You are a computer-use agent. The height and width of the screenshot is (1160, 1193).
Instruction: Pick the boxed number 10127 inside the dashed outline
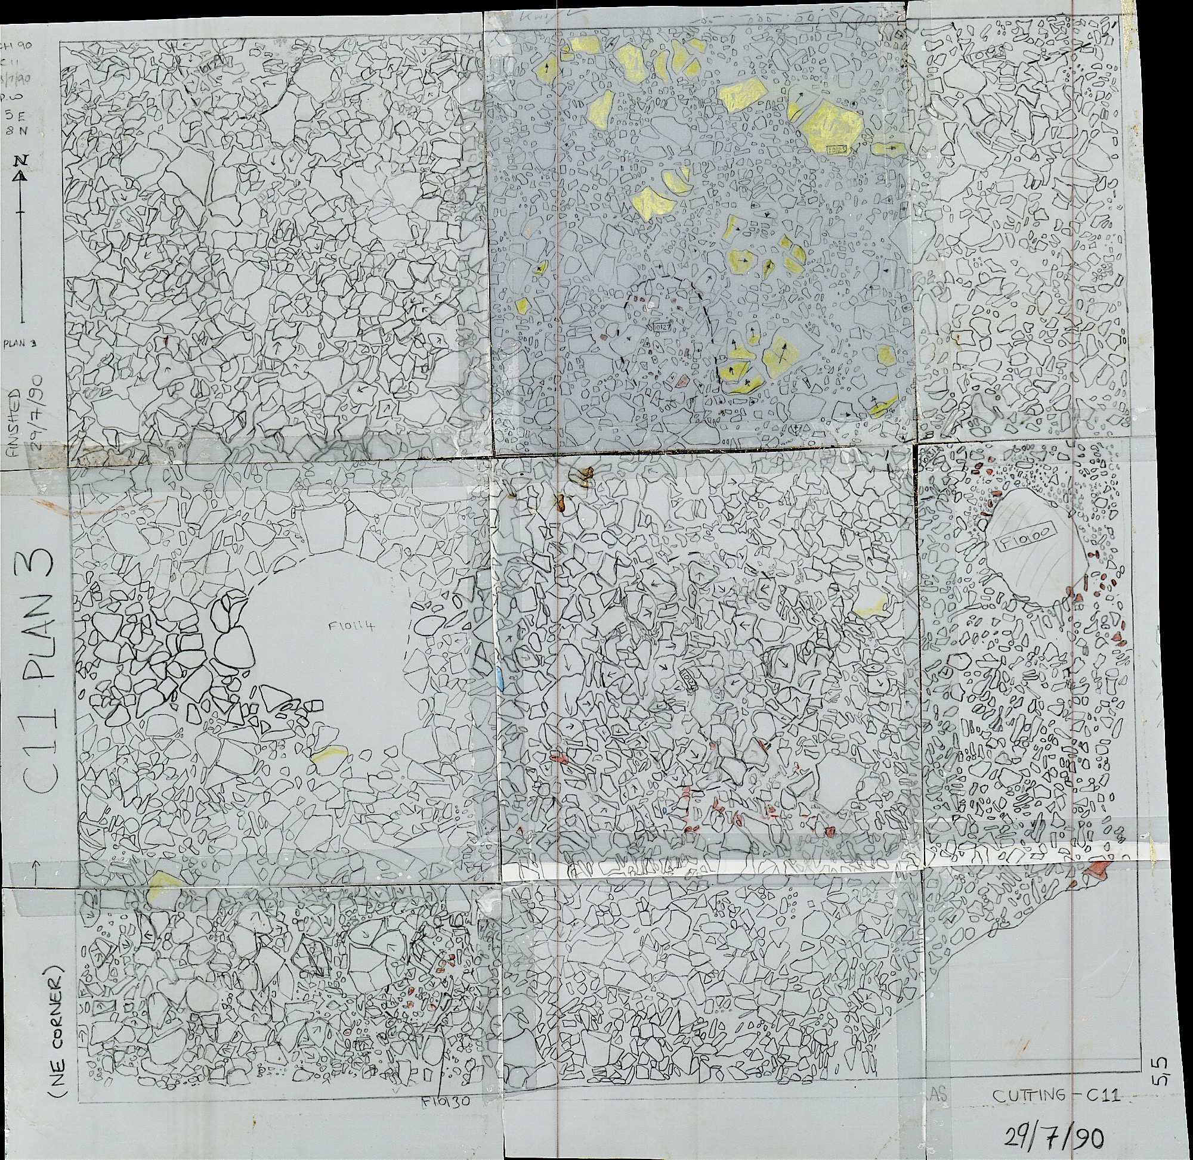pyautogui.click(x=662, y=327)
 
